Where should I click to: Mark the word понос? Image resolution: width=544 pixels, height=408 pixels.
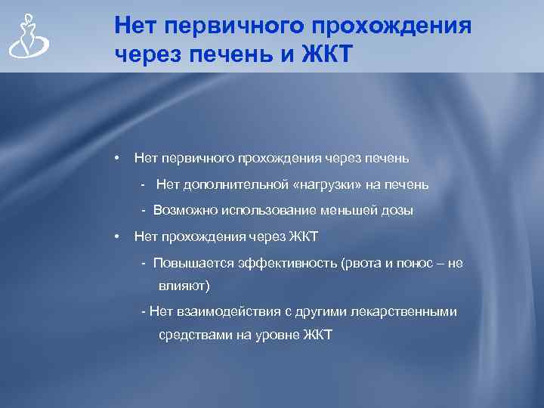418,263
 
